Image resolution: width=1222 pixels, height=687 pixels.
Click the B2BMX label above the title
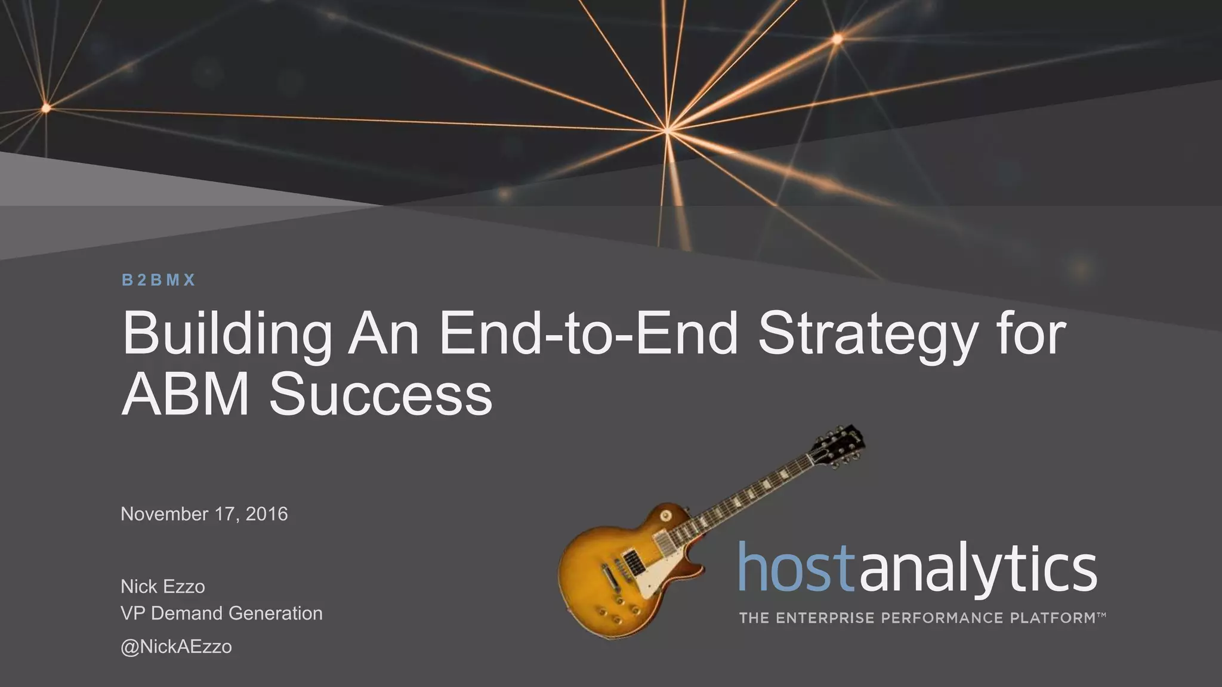coord(159,280)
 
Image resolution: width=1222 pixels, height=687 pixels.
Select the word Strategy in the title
coord(867,334)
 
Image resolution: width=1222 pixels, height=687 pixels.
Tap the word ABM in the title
coord(186,395)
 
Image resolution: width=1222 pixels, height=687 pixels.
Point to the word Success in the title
coord(381,395)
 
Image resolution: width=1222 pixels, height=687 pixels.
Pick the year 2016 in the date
coord(267,514)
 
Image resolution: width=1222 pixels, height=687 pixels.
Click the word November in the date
coord(165,514)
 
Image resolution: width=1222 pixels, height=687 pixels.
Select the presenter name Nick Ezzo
coord(163,587)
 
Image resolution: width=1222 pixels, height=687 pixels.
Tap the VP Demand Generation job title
coord(221,614)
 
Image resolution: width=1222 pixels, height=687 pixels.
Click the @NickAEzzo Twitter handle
coord(176,647)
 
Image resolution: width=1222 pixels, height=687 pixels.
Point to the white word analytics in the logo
coord(977,568)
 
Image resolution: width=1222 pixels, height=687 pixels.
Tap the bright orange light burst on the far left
coord(46,108)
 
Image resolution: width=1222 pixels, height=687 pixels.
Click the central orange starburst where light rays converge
coord(668,129)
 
